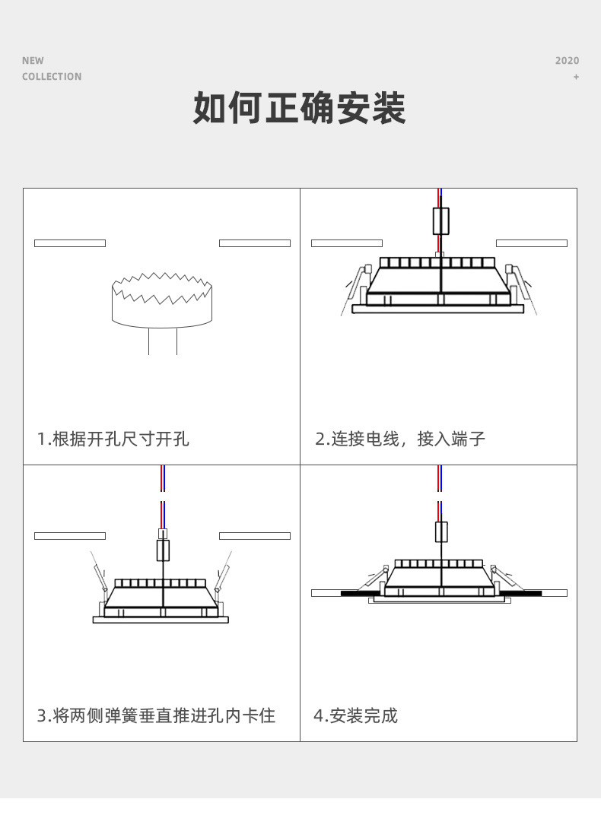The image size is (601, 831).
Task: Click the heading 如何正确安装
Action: coord(300,108)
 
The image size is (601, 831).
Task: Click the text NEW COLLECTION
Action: coord(51,68)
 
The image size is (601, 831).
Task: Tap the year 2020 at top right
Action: coord(567,61)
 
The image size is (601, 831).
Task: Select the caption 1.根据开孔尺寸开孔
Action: coord(113,439)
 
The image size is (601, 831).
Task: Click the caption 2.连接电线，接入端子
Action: coord(400,439)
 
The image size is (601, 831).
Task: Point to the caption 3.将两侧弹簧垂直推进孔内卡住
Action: coord(156,715)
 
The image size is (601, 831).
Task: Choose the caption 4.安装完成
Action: coord(356,715)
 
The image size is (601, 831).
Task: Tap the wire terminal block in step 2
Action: coord(440,220)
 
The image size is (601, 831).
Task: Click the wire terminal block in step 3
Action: coord(162,549)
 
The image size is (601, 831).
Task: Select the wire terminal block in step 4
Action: coord(441,531)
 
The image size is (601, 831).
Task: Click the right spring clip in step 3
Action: coord(223,573)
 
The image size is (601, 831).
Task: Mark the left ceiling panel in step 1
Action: coord(70,243)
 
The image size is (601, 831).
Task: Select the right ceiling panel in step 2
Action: coord(531,243)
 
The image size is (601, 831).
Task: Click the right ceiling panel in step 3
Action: coord(254,536)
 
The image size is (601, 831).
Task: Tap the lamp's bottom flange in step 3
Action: coord(161,620)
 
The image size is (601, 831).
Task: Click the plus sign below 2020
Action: coord(576,77)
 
